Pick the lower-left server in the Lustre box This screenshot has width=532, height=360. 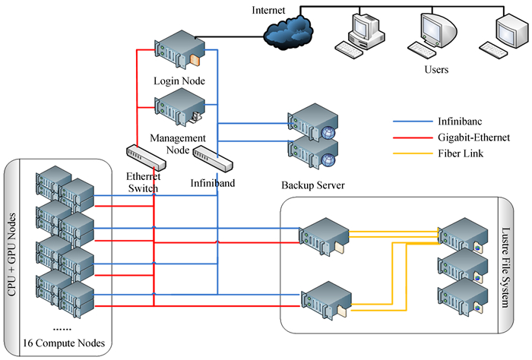324,298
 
